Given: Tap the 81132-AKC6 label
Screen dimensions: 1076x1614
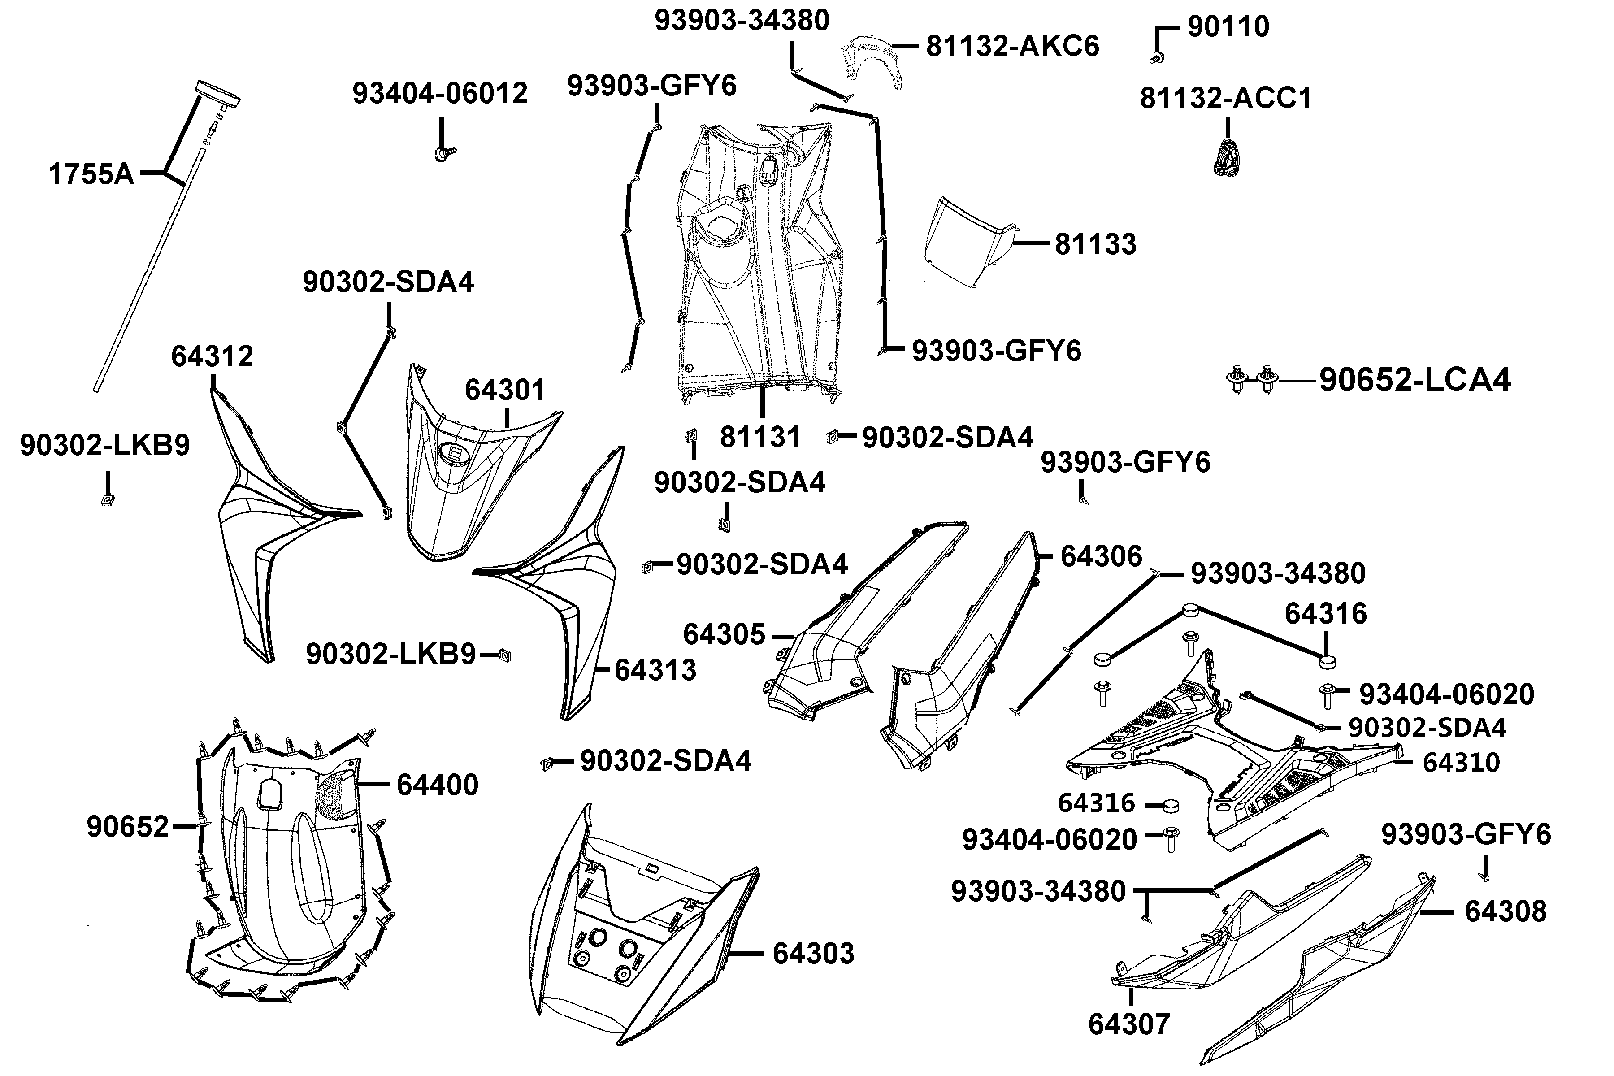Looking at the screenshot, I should pyautogui.click(x=1012, y=47).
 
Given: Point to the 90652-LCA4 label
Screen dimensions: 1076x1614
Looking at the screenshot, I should pyautogui.click(x=1414, y=379).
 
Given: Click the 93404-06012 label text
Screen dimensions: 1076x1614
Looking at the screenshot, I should pyautogui.click(x=440, y=93).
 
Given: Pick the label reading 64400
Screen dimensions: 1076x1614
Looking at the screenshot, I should pyautogui.click(x=437, y=784).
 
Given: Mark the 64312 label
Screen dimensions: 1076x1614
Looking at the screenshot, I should pyautogui.click(x=212, y=356).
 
